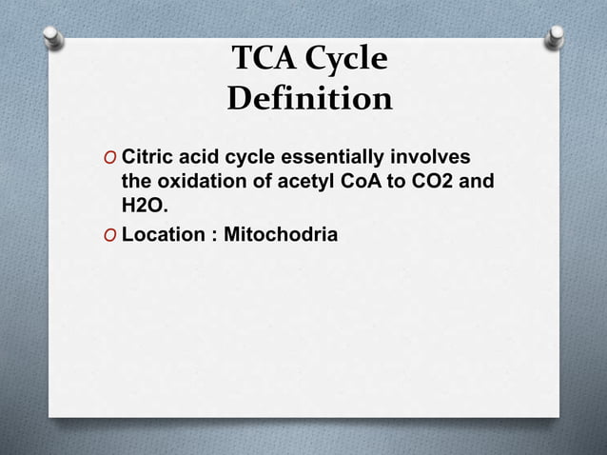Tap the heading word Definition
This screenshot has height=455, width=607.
[x=309, y=98]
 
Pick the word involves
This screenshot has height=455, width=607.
[x=438, y=156]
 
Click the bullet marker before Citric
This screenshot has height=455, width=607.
[x=111, y=157]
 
